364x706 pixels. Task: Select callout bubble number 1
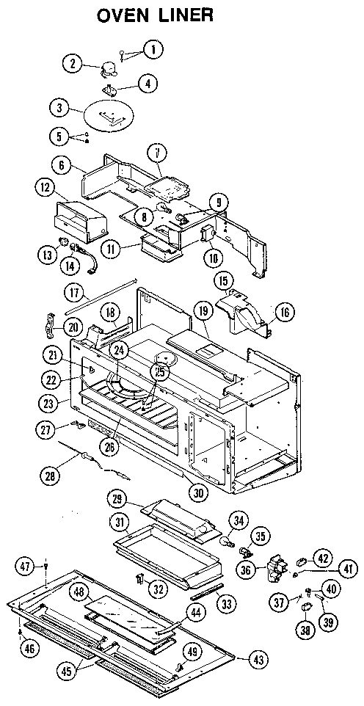(153, 50)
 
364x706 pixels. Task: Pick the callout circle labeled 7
(156, 153)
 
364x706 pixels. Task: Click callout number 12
(45, 189)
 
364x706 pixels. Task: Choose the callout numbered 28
(49, 476)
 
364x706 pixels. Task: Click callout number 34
(236, 522)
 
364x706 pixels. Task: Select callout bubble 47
(25, 566)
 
